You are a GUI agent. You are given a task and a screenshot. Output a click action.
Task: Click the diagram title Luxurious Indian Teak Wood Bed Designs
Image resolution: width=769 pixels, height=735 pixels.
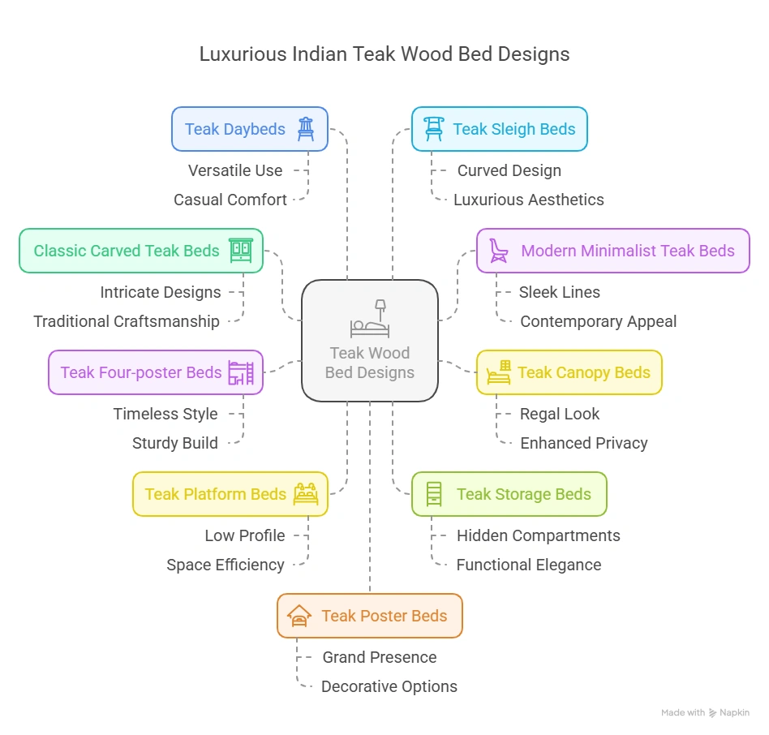pyautogui.click(x=384, y=54)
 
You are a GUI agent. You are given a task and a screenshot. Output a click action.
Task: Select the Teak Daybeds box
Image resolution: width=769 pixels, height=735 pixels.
pyautogui.click(x=249, y=129)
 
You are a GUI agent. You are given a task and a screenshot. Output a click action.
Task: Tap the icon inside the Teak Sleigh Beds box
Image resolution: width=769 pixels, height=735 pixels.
pyautogui.click(x=434, y=129)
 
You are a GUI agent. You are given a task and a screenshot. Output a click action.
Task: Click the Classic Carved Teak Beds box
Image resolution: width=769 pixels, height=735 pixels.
pyautogui.click(x=140, y=251)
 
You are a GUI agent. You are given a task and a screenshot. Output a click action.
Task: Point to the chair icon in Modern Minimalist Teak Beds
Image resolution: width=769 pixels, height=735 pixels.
pyautogui.click(x=498, y=251)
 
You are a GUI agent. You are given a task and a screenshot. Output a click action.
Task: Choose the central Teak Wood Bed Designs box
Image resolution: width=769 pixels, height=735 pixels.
pyautogui.click(x=370, y=341)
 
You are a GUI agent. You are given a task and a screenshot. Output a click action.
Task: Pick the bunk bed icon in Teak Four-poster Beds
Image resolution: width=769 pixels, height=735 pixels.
pyautogui.click(x=241, y=372)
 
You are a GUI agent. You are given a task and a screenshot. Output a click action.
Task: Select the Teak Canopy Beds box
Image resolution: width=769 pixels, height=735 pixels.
pyautogui.click(x=569, y=372)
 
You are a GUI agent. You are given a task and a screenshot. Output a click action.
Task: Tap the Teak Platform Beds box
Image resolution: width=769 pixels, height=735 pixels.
pyautogui.click(x=230, y=494)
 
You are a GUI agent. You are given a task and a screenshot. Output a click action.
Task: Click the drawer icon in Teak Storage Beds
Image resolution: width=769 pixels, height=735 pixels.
pyautogui.click(x=434, y=494)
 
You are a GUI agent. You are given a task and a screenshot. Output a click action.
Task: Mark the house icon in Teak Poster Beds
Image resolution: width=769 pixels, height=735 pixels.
pyautogui.click(x=299, y=617)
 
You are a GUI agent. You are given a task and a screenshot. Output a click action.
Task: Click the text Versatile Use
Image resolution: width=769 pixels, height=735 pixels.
pyautogui.click(x=235, y=170)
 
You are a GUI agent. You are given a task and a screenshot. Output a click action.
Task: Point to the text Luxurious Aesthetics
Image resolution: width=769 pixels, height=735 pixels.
pyautogui.click(x=528, y=200)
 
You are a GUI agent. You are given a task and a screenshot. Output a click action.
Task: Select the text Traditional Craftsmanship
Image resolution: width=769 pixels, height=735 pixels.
pyautogui.click(x=127, y=321)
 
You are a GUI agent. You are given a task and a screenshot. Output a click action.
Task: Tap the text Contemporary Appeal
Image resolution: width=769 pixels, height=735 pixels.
pyautogui.click(x=598, y=321)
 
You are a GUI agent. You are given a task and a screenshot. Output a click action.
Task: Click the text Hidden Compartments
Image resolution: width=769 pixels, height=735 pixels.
pyautogui.click(x=538, y=535)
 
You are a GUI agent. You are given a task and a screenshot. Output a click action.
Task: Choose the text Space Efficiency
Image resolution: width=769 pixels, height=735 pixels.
pyautogui.click(x=226, y=565)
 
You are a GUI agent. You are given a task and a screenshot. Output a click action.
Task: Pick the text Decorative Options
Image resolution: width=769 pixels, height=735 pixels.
pyautogui.click(x=389, y=686)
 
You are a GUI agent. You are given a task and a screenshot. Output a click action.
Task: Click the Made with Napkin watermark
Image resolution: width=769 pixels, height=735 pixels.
pyautogui.click(x=705, y=712)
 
